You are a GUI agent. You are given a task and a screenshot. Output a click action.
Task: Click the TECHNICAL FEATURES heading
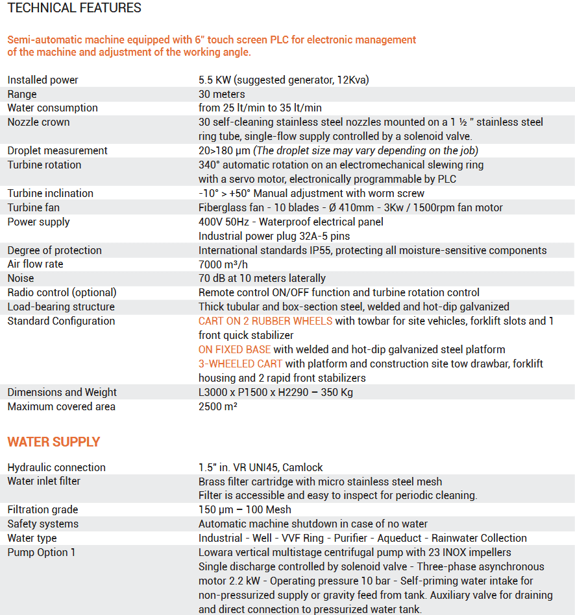tap(75, 8)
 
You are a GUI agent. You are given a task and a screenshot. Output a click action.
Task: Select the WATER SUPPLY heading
tap(54, 442)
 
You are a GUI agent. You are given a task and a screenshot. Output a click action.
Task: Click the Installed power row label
tap(43, 80)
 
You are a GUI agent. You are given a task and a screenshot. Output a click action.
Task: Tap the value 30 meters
tap(222, 94)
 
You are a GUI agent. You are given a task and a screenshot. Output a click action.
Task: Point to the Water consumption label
tap(53, 108)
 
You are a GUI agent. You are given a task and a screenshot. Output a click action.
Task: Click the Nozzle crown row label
tap(38, 122)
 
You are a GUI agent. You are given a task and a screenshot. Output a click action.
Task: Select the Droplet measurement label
tap(57, 150)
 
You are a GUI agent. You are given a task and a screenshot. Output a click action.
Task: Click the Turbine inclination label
tap(50, 193)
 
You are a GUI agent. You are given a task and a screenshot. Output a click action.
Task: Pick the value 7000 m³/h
tap(224, 264)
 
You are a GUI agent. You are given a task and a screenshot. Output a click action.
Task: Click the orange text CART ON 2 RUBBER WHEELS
tap(265, 321)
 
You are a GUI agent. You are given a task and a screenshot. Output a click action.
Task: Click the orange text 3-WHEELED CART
tap(240, 364)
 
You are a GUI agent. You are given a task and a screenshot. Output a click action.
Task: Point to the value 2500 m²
tap(217, 406)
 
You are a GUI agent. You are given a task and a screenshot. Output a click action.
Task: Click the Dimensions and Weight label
tap(62, 392)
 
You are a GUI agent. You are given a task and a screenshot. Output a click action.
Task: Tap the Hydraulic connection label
tap(56, 467)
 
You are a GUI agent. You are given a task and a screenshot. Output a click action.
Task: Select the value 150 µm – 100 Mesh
tap(245, 509)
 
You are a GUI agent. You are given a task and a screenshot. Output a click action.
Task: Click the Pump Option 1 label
tap(42, 552)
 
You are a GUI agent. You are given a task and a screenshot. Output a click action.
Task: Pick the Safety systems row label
tap(43, 524)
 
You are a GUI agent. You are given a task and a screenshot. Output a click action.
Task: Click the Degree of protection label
tap(55, 250)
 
